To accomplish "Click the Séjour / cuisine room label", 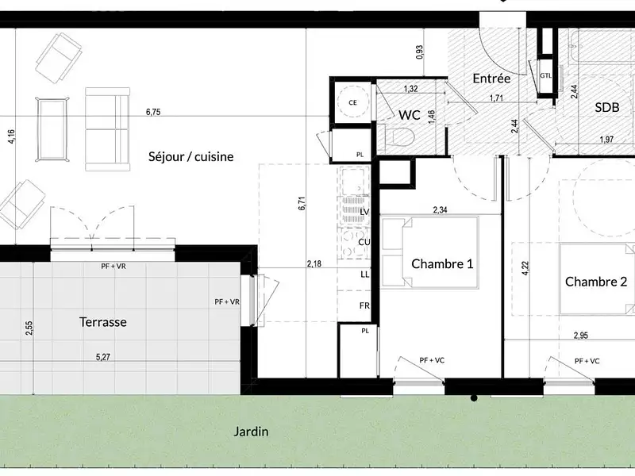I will [190, 156].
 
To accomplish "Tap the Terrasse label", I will [103, 322].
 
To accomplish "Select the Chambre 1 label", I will [442, 263].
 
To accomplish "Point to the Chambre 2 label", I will [596, 281].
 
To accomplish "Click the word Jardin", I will [251, 432].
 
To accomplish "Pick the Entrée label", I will [491, 79].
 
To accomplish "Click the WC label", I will [410, 115].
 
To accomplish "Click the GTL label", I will [545, 75].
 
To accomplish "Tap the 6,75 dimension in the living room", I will [153, 113].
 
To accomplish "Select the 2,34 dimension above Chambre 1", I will [441, 210].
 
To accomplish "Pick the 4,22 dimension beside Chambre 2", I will [525, 266].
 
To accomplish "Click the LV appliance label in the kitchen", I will [365, 213].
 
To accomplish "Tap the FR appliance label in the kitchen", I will [365, 305].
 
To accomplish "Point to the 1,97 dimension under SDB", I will [607, 140].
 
